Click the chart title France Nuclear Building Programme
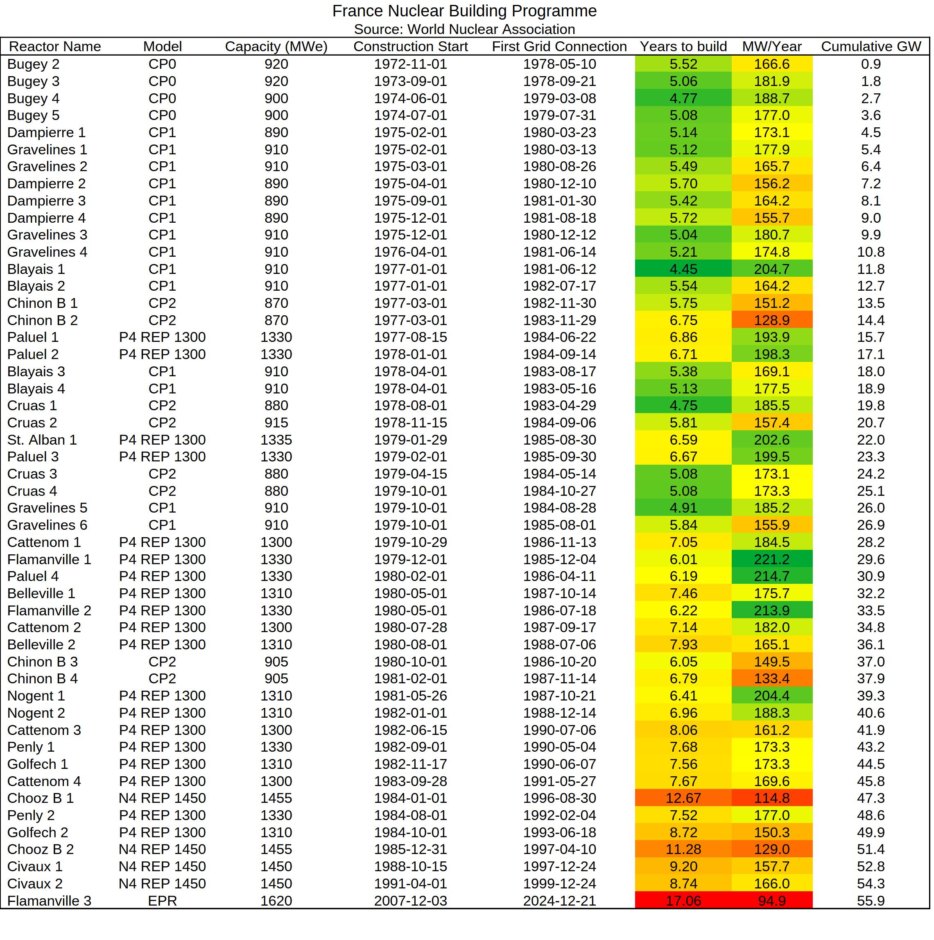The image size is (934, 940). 464,11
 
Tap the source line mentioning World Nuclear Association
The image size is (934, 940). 464,29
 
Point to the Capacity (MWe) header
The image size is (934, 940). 276,47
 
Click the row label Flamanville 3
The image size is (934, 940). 49,901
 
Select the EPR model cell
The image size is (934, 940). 162,901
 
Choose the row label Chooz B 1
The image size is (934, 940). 41,798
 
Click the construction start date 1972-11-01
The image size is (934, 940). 410,64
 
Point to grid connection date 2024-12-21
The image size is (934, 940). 559,901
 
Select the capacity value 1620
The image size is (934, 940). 276,901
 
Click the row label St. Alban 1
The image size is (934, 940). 42,440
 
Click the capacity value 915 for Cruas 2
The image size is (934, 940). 276,423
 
